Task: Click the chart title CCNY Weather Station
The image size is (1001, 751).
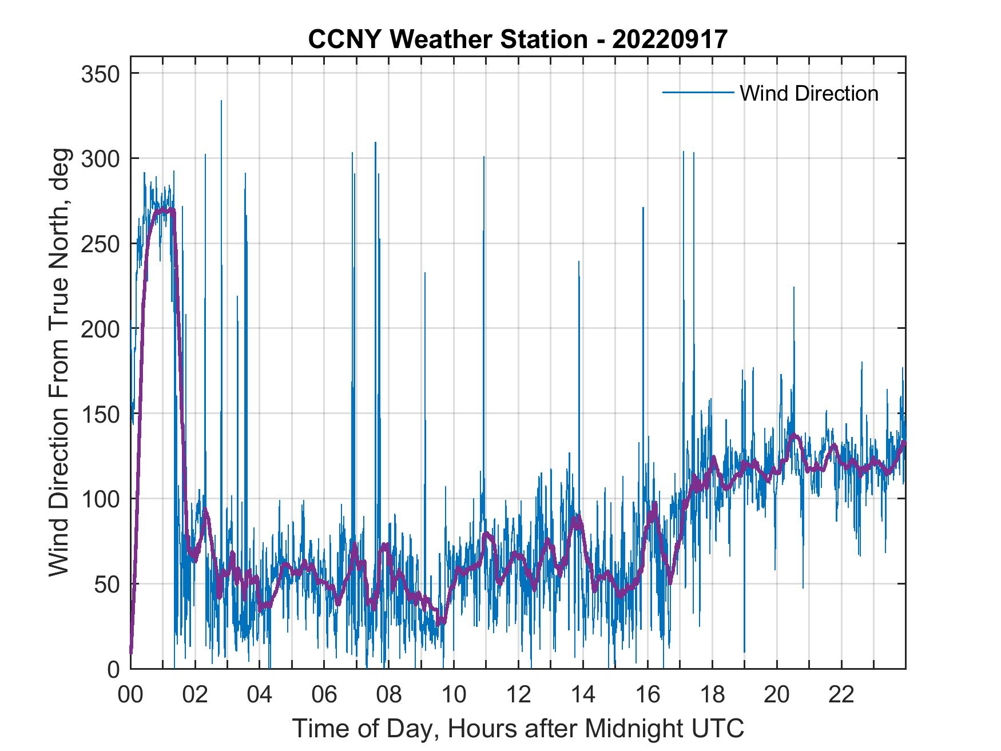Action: (x=447, y=39)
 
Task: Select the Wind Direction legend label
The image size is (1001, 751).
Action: (x=809, y=93)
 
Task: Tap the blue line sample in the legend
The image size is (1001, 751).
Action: (x=698, y=92)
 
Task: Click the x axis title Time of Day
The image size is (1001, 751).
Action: (x=518, y=728)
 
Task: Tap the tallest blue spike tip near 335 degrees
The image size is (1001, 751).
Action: (x=221, y=101)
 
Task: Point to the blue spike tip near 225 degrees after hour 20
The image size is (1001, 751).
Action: (x=793, y=287)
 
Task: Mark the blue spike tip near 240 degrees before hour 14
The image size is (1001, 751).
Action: (x=579, y=262)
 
